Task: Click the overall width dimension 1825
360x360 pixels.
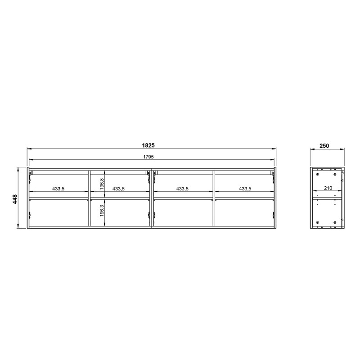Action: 148,145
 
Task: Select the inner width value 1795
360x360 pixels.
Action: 148,157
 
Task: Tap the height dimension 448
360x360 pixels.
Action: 15,199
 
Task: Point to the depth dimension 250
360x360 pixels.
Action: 324,146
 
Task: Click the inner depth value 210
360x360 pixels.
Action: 328,188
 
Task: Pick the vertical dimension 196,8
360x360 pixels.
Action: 102,184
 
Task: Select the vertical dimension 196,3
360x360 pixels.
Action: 102,211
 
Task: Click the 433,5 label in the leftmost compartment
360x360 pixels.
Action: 58,189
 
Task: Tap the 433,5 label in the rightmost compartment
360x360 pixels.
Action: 245,189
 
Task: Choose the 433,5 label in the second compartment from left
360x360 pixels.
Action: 118,189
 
